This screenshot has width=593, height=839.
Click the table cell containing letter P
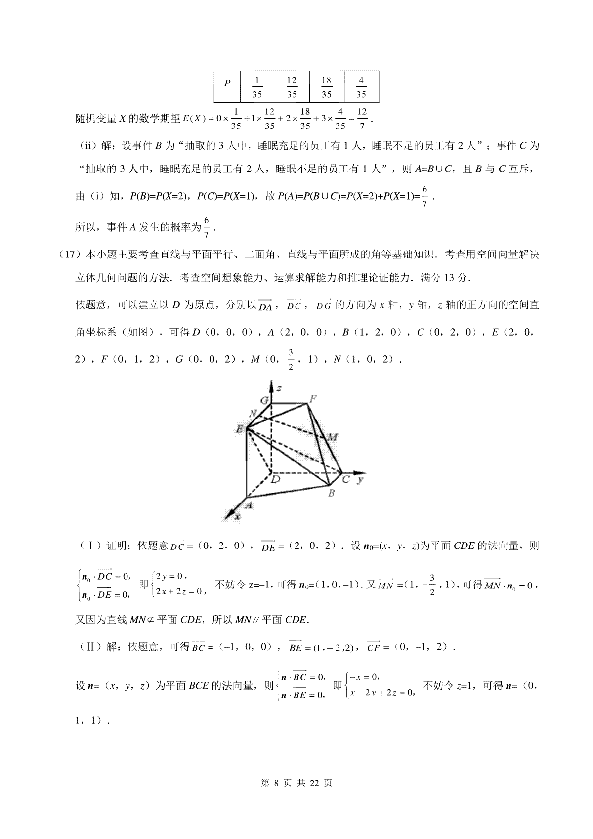(x=227, y=86)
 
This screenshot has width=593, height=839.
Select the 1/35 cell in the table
(x=257, y=86)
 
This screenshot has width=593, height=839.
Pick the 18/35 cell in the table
(x=326, y=86)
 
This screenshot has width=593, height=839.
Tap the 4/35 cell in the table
(x=361, y=86)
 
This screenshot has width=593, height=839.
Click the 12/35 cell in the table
(x=292, y=86)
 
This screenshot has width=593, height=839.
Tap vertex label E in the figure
(x=239, y=429)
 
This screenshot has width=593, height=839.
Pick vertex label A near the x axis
(x=249, y=504)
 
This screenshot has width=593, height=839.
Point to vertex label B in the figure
(x=332, y=492)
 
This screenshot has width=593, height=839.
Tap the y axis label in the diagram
(x=361, y=479)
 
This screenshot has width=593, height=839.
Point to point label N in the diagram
(x=253, y=413)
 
